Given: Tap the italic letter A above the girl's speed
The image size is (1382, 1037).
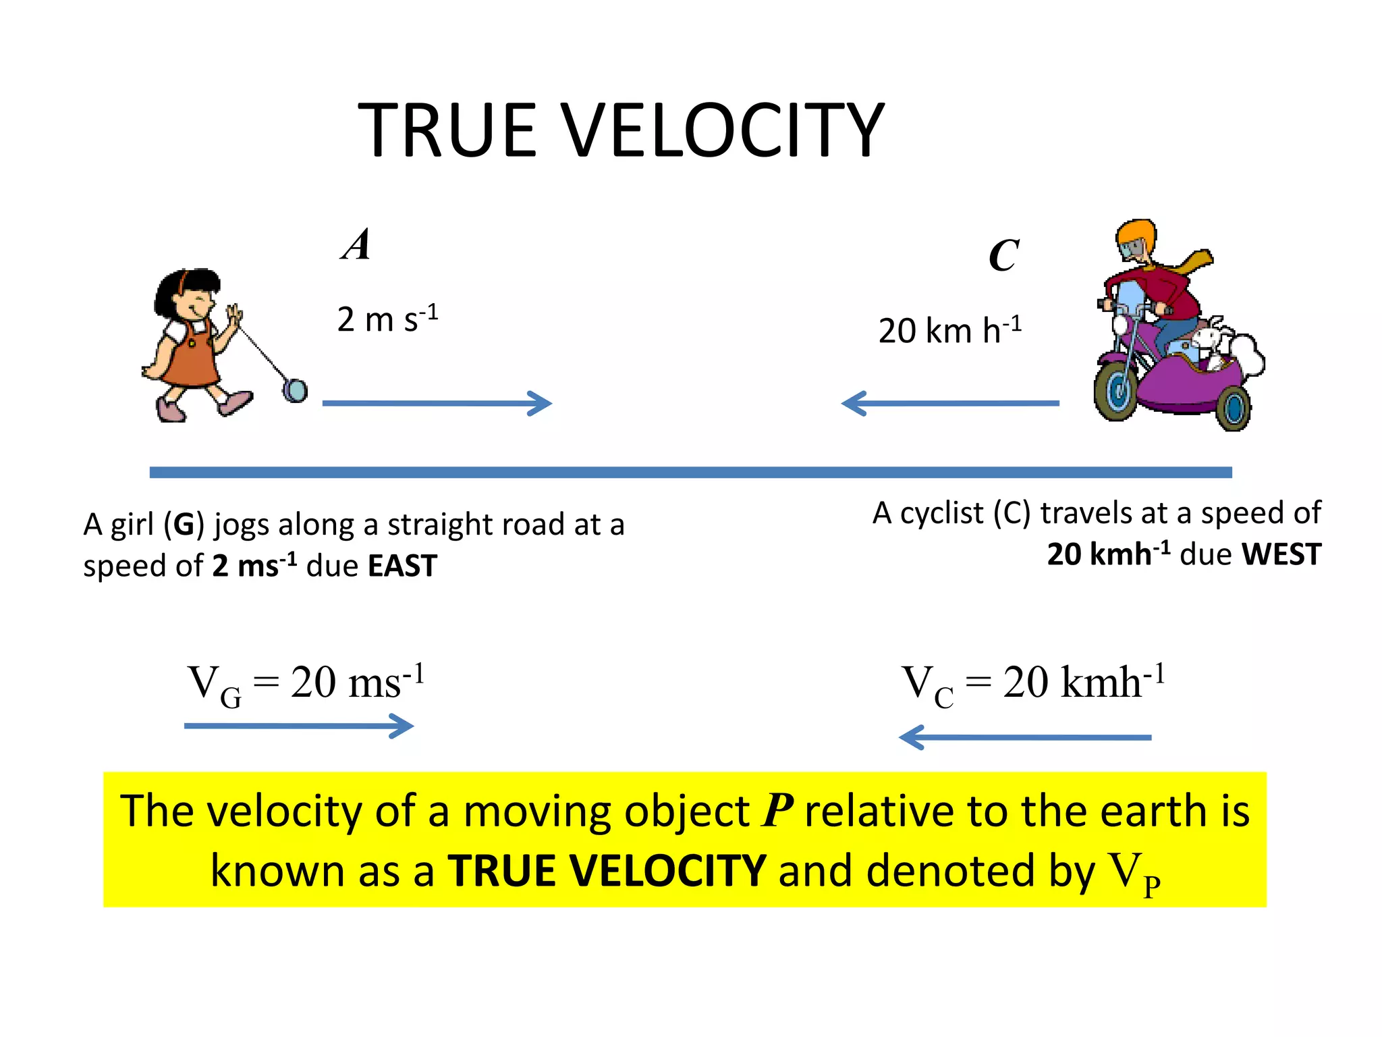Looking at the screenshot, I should [356, 244].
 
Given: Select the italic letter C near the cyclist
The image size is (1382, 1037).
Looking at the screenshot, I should [1003, 255].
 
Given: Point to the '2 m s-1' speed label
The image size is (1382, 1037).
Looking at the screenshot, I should [387, 318].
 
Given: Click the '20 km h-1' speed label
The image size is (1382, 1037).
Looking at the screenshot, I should [949, 330].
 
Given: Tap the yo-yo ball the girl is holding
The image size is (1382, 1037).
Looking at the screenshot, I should [295, 390].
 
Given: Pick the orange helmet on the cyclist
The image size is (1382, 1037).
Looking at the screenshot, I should [1136, 236].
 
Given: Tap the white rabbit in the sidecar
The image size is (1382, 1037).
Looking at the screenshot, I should [1215, 341].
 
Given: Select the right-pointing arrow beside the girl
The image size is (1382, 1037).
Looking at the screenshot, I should [437, 403].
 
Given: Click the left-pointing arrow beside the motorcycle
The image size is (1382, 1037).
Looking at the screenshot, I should [950, 403].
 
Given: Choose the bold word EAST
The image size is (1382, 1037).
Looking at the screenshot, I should [402, 566].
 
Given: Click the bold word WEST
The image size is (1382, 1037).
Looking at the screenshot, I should [1281, 554].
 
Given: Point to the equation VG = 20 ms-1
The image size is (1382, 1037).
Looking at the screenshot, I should [306, 684].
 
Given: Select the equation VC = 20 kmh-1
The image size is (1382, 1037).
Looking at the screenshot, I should [1032, 684].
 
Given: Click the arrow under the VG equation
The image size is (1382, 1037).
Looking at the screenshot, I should [299, 726].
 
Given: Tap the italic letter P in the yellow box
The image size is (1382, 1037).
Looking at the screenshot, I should [777, 810].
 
